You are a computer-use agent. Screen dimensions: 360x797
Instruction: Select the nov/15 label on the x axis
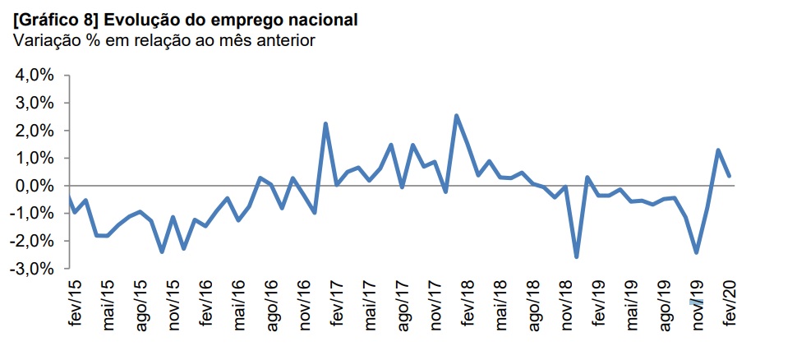[175, 304]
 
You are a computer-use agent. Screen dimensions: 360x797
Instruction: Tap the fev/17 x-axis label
[337, 303]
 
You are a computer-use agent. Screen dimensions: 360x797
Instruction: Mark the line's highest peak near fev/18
[456, 116]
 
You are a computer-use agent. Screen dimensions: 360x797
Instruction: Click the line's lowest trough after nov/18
[577, 257]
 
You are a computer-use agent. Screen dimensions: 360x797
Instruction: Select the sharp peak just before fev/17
[326, 124]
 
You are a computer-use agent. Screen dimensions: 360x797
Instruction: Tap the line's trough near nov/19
[697, 252]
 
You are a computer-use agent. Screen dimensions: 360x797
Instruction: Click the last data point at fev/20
[730, 176]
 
